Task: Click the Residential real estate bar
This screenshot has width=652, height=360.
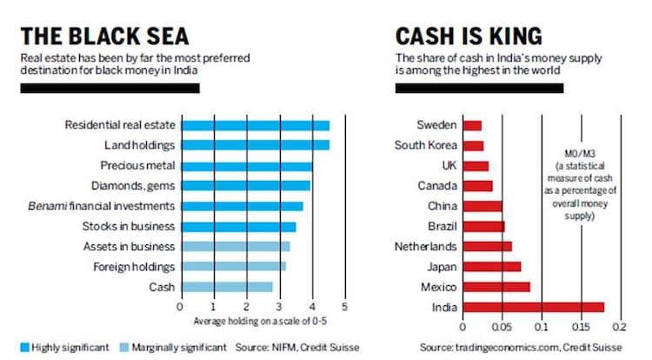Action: [255, 125]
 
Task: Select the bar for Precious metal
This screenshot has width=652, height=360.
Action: [246, 166]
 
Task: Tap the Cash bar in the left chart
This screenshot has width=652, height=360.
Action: [226, 287]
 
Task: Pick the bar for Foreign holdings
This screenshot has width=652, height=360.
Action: [233, 266]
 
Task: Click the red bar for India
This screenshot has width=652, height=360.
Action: [532, 306]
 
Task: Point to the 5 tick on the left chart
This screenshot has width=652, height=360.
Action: [345, 307]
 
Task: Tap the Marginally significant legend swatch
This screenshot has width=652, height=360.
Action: [123, 347]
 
